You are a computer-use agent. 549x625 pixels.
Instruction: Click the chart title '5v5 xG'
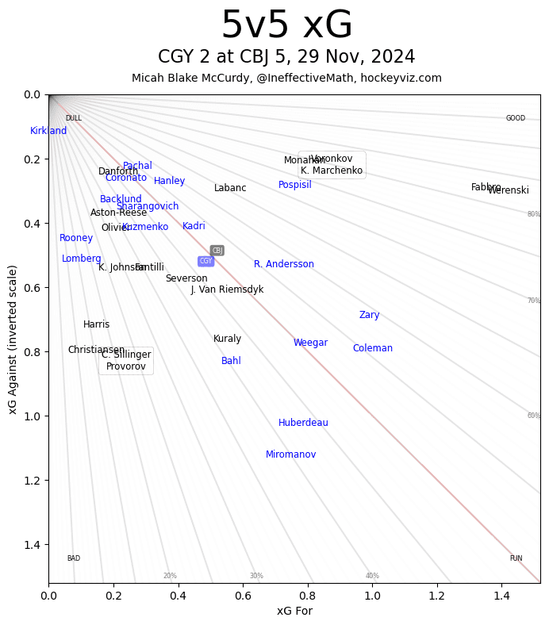(x=286, y=26)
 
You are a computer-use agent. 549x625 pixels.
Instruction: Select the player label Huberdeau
(x=303, y=423)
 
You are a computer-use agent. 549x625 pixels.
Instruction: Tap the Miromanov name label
(x=290, y=454)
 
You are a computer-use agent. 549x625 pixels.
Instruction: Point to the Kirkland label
(x=48, y=131)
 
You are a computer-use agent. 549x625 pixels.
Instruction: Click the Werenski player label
(x=509, y=190)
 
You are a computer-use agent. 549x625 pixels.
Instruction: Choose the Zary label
(x=369, y=315)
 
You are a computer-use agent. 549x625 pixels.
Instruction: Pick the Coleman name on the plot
(x=372, y=348)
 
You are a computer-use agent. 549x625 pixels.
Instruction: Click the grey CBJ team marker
(x=217, y=251)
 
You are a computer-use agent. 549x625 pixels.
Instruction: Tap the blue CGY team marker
(x=205, y=261)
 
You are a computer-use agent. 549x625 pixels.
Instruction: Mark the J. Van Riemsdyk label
(x=227, y=289)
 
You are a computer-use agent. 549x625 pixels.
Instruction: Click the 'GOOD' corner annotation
(x=516, y=118)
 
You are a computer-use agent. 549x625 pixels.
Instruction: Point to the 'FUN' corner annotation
(x=516, y=558)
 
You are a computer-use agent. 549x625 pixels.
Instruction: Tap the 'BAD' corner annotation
(x=73, y=558)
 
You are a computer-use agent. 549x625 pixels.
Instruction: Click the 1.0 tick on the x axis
(x=372, y=594)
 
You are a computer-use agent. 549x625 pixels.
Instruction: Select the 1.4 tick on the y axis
(x=33, y=544)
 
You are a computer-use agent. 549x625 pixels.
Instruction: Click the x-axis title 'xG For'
(x=294, y=611)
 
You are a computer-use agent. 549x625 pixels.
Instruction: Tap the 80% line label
(x=534, y=214)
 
